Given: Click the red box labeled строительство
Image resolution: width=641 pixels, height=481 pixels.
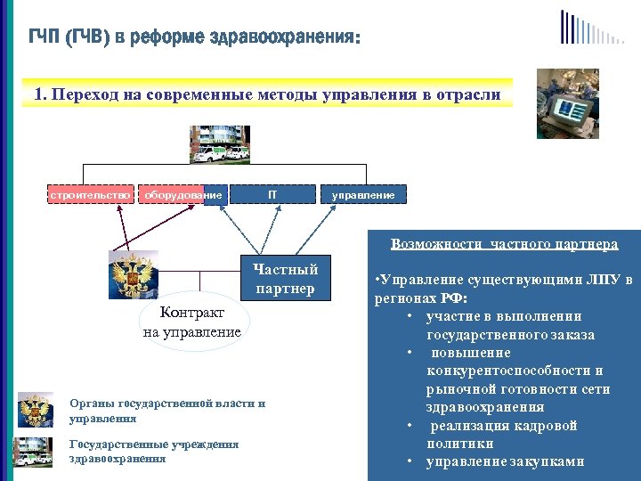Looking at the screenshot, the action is [x=90, y=194].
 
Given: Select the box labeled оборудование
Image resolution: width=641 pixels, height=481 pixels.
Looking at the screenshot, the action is [x=183, y=194].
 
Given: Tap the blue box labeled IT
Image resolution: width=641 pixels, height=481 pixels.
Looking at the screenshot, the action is [x=272, y=194].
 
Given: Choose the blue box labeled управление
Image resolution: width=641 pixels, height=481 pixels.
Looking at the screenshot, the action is [x=363, y=194].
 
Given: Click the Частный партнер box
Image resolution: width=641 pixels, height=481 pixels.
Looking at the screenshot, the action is [x=285, y=278].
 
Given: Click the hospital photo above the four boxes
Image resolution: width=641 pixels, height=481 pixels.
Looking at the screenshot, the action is [x=219, y=144].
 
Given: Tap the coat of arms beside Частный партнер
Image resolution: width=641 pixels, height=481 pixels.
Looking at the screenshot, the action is [x=133, y=273].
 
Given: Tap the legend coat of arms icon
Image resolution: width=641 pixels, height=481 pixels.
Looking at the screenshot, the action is [x=36, y=410].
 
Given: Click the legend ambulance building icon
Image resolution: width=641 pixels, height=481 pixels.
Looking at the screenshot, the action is [x=36, y=452].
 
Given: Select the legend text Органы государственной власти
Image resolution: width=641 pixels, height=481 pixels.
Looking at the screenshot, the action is [x=166, y=404].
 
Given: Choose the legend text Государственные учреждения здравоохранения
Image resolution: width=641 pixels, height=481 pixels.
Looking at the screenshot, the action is [x=153, y=451].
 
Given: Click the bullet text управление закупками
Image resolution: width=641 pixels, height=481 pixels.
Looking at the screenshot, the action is [x=505, y=461].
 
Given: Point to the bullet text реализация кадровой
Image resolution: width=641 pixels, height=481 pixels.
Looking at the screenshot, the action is [x=504, y=426].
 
